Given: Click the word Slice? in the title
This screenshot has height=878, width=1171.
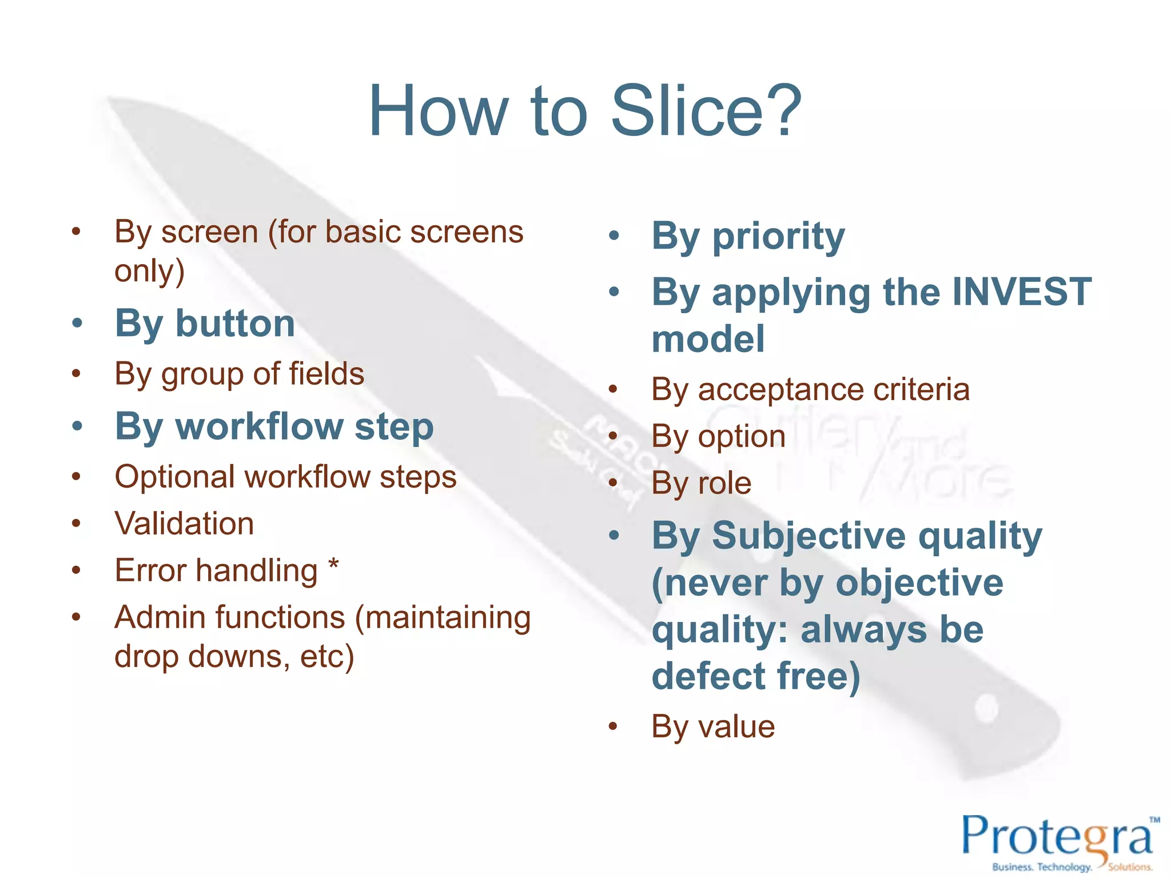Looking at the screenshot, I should pyautogui.click(x=706, y=111).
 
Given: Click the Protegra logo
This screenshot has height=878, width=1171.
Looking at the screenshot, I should pyautogui.click(x=1058, y=837).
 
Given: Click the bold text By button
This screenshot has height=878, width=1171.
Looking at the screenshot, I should pyautogui.click(x=205, y=324).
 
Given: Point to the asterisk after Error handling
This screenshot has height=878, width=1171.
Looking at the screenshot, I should pyautogui.click(x=333, y=567).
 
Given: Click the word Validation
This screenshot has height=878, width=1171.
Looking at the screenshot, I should pyautogui.click(x=184, y=524).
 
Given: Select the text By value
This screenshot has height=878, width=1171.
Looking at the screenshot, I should pyautogui.click(x=713, y=727).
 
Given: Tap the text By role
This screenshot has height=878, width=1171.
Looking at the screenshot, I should pyautogui.click(x=701, y=484).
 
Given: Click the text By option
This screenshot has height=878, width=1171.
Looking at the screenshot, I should pyautogui.click(x=718, y=437).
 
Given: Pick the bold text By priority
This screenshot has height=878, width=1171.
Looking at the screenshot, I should pyautogui.click(x=748, y=236).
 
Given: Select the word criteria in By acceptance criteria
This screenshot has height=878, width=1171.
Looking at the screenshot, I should pyautogui.click(x=921, y=390).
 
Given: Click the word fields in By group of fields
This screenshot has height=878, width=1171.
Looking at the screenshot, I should pyautogui.click(x=326, y=374).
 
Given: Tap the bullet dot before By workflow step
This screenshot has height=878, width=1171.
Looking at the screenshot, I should pyautogui.click(x=77, y=426).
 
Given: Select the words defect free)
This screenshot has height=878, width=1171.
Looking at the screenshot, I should pyautogui.click(x=755, y=677).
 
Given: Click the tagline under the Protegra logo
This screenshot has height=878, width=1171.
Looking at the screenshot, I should pyautogui.click(x=1072, y=867).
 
